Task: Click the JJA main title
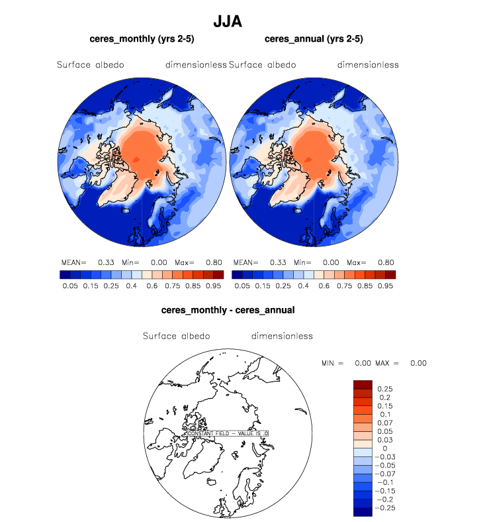[x=227, y=21]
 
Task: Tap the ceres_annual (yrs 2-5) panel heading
[x=313, y=39]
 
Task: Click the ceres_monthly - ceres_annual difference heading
[x=228, y=309]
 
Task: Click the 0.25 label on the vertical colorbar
[x=384, y=388]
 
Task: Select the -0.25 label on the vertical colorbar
[x=386, y=508]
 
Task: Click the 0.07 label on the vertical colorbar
[x=384, y=422]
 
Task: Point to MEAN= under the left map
[x=73, y=262]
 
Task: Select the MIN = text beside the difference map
[x=332, y=363]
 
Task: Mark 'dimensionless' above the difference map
[x=282, y=336]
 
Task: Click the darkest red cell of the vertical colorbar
[x=363, y=385]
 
